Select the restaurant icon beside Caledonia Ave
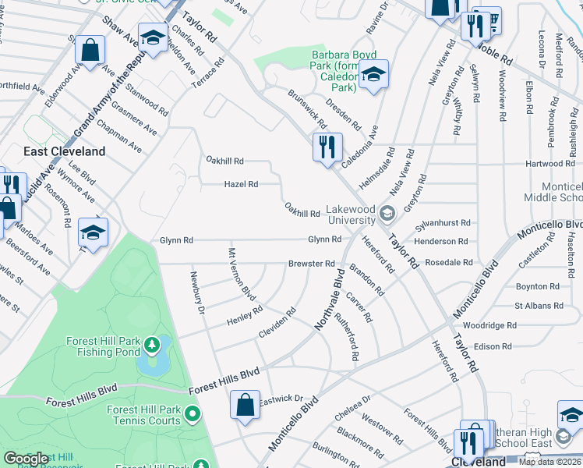coord(327,147)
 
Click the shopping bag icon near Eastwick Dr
coord(245,406)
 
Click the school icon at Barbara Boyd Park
coord(374,75)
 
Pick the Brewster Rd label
coord(311,264)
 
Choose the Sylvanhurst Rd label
coord(443,223)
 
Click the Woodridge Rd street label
coord(489,325)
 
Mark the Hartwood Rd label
coord(549,164)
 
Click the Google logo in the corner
coord(26,459)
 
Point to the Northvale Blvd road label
coord(330,300)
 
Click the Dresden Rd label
coord(343,114)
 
